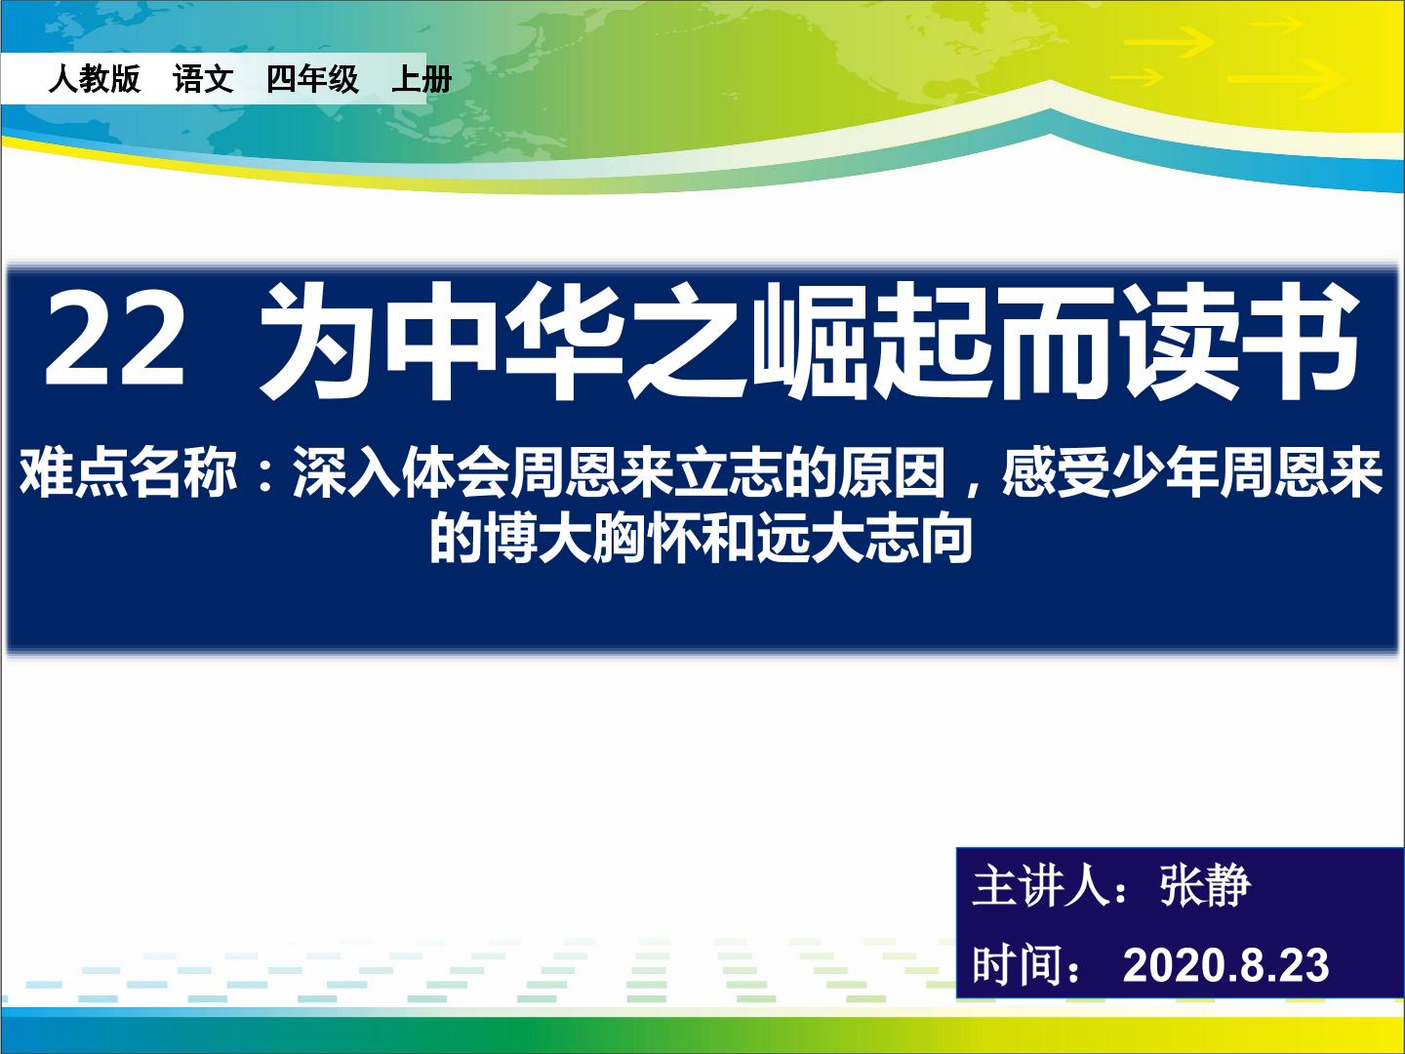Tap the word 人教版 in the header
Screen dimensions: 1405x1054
[94, 79]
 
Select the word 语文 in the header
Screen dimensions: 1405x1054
[203, 79]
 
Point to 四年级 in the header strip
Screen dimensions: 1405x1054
[312, 79]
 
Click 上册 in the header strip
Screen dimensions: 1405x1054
[421, 79]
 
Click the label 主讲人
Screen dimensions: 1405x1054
[1040, 886]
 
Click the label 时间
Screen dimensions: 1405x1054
[1018, 965]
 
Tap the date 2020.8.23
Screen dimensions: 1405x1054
[1225, 966]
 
